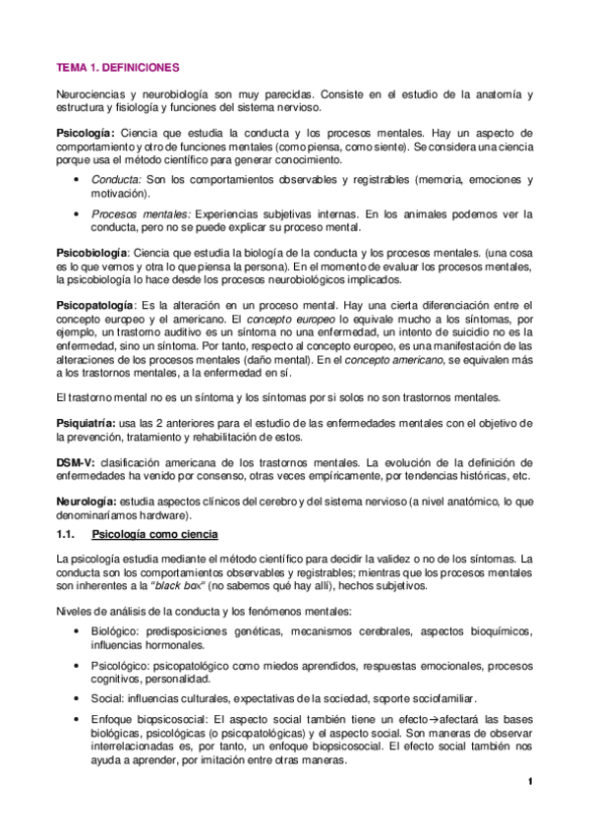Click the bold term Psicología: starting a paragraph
point(86,133)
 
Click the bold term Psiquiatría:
point(85,422)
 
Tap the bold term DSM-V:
point(75,461)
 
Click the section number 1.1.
point(66,534)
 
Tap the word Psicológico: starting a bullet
point(122,666)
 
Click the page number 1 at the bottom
point(529,782)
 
